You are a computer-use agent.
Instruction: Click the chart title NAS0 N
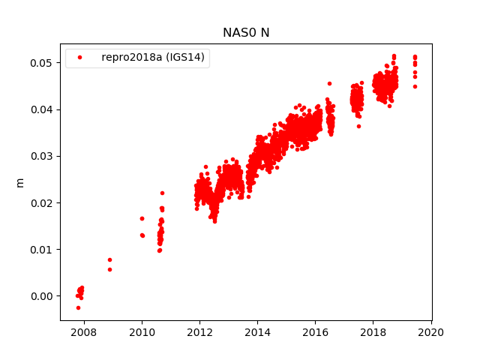[246, 33]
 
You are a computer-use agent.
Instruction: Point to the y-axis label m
[20, 182]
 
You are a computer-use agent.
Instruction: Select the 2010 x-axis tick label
[142, 331]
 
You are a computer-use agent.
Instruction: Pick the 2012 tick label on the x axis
[199, 331]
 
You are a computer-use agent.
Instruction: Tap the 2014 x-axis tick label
[258, 331]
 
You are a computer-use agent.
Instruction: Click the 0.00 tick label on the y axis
[43, 296]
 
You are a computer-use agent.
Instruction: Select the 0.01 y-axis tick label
[43, 250]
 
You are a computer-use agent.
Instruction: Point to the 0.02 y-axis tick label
[43, 202]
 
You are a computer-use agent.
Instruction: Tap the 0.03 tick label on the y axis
[43, 156]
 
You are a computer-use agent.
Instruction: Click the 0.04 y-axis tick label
[43, 109]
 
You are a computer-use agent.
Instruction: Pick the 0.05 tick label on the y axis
[43, 63]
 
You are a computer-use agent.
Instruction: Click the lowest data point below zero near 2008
[78, 307]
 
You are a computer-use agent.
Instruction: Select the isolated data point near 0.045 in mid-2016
[329, 83]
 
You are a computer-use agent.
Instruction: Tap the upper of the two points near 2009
[109, 259]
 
